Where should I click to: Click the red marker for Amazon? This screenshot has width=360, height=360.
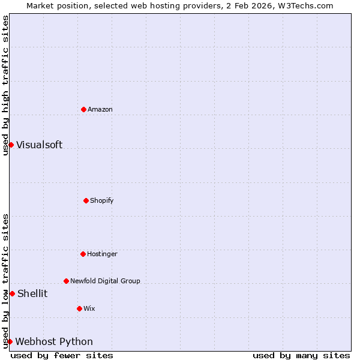(83, 109)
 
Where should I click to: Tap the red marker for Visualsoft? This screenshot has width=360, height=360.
(11, 145)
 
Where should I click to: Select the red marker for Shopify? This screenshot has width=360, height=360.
(86, 200)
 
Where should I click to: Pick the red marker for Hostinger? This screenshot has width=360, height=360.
(83, 254)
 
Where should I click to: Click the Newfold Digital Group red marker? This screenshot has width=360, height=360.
(66, 281)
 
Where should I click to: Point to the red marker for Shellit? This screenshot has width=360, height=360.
(12, 293)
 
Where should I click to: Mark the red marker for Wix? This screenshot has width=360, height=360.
(79, 308)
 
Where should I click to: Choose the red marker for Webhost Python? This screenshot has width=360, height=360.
(10, 341)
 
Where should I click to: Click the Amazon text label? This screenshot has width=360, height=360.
(100, 109)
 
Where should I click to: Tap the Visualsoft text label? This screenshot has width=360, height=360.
(39, 145)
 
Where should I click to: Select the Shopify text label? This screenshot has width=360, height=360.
(102, 200)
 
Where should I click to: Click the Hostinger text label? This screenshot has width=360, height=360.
(102, 254)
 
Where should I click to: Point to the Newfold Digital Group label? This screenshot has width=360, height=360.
(105, 281)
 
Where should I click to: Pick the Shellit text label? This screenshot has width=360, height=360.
(32, 293)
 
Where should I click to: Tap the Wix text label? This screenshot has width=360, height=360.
(89, 308)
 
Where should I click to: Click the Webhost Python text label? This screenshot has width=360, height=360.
(54, 341)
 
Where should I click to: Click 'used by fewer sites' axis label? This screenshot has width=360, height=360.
(62, 355)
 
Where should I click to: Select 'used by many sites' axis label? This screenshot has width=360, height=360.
(301, 355)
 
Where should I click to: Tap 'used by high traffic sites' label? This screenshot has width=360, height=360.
(5, 86)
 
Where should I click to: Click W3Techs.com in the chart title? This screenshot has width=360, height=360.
(305, 5)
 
